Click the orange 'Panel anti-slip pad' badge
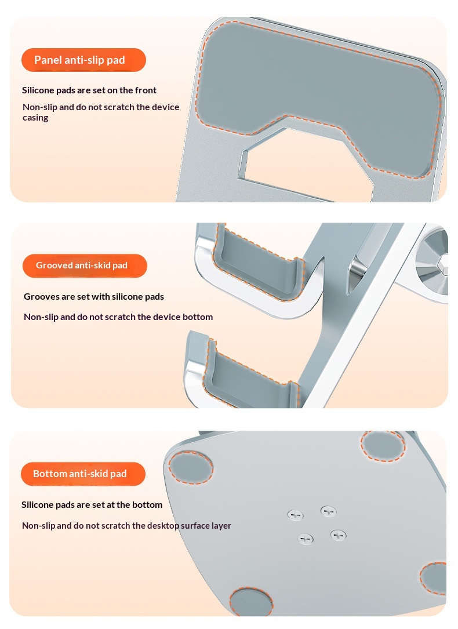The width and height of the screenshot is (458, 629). pos(83,60)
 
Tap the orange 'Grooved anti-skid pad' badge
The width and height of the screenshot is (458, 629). pos(85,266)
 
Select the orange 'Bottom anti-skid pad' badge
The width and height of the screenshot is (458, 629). pos(83,474)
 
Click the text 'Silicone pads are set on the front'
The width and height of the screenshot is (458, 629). pos(89,90)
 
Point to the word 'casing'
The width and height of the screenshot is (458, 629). pos(35,118)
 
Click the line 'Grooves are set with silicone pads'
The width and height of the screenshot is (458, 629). pos(94,297)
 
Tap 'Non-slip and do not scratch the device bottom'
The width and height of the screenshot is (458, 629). pos(118,317)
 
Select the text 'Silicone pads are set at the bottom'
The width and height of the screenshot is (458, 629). pos(92,504)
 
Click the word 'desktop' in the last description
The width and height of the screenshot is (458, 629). pos(163,526)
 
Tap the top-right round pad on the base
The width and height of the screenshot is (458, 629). pos(383,446)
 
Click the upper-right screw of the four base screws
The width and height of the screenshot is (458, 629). pos(329,511)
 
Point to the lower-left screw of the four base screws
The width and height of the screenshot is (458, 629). pos(306,539)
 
